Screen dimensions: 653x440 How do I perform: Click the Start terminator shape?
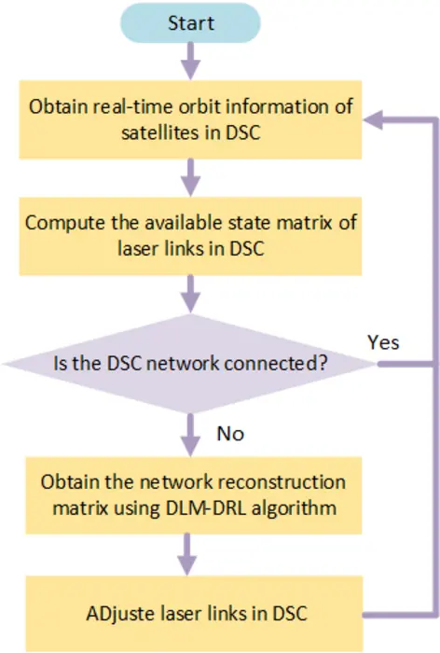pyautogui.click(x=190, y=22)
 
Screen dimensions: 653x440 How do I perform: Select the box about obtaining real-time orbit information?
pyautogui.click(x=190, y=118)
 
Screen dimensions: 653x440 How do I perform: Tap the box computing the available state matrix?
pyautogui.click(x=190, y=236)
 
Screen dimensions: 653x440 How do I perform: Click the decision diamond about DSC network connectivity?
pyautogui.click(x=190, y=364)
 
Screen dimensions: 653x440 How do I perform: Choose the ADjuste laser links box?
pyautogui.click(x=190, y=613)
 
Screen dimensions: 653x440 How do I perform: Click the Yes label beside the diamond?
pyautogui.click(x=384, y=342)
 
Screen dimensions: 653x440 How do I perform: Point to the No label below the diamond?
pyautogui.click(x=231, y=433)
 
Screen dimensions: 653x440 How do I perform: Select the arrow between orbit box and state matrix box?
pyautogui.click(x=190, y=176)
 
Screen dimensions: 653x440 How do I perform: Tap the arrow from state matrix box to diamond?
pyautogui.click(x=190, y=294)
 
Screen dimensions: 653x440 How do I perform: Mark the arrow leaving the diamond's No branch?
pyautogui.click(x=190, y=431)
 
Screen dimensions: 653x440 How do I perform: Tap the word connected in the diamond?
pyautogui.click(x=275, y=364)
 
